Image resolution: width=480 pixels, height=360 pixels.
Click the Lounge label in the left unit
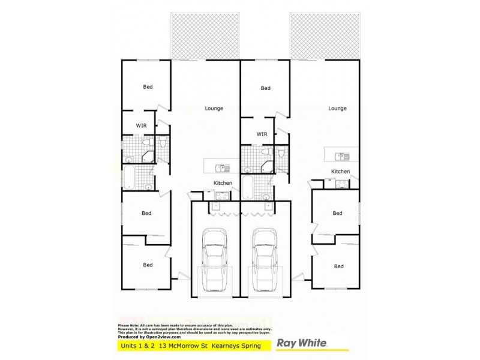pos(214,109)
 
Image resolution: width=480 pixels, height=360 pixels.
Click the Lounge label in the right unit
pos(338,109)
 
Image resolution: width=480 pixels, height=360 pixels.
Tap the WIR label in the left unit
pos(141,125)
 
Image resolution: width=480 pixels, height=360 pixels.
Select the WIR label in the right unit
pos(262,134)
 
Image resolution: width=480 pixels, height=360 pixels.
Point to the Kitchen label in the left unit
pos(222,183)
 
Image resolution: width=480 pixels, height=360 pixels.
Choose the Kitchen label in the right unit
pos(341,172)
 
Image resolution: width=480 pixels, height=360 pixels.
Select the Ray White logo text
pos(301,344)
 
